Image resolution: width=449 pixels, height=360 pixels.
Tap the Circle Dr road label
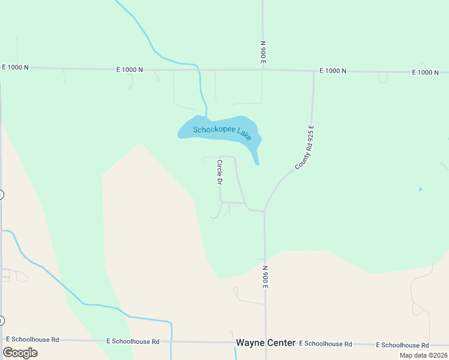point(220,172)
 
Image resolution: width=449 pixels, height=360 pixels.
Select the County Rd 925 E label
point(306,147)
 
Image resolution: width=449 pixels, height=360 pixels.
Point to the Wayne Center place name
point(265,343)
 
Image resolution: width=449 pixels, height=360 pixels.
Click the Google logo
point(20,353)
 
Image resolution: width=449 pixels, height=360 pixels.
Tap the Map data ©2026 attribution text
point(423,355)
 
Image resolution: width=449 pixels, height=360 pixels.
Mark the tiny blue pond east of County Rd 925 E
point(420,190)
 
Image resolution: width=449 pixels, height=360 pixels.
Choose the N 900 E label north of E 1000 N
point(263,52)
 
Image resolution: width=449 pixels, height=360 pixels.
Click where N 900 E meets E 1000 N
point(263,70)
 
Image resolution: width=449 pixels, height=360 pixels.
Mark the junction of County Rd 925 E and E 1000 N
point(314,71)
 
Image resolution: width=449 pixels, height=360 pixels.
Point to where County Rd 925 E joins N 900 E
point(265,211)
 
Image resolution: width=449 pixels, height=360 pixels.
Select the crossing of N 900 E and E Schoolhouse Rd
point(266,343)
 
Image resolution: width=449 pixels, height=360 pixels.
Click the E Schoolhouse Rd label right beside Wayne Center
point(325,344)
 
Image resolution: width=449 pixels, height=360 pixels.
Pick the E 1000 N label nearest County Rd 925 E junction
point(333,71)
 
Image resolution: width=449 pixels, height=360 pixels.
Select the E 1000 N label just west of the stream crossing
point(130,70)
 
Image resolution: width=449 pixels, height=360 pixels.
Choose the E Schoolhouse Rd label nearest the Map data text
point(402,345)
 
